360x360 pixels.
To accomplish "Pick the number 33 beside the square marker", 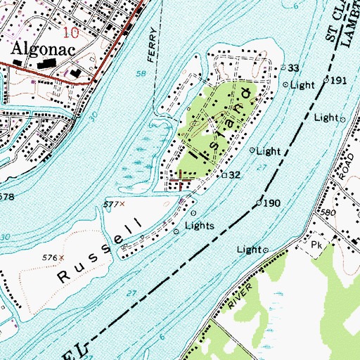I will pos(294,67).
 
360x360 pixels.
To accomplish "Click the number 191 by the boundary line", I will pos(340,81).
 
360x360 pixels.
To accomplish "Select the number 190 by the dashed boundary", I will pos(272,202).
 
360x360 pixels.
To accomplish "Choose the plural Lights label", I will pos(198,226).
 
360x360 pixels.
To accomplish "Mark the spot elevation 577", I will pos(110,204).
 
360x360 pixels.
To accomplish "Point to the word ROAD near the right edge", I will pos(344,167).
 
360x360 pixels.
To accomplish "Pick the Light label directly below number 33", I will pos(302,85).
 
